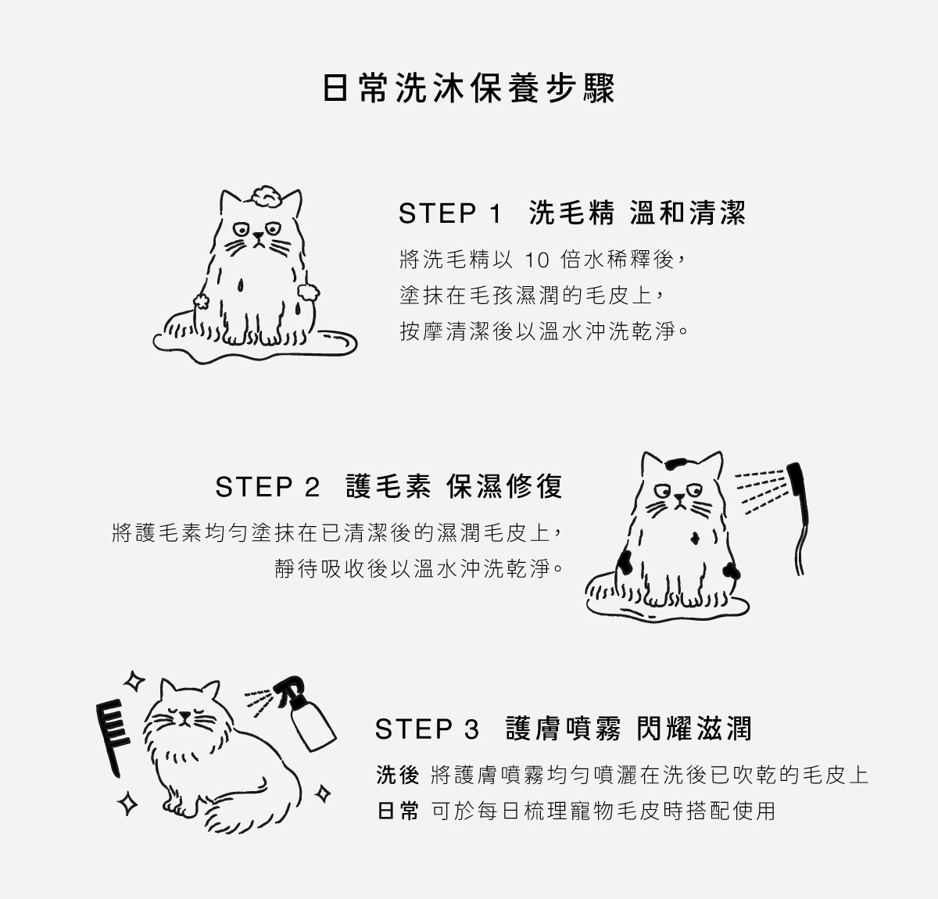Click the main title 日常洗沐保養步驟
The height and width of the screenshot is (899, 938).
(468, 88)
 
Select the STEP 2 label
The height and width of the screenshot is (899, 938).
(267, 487)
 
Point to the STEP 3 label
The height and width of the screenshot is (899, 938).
(427, 729)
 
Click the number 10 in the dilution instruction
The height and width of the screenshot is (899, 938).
(536, 260)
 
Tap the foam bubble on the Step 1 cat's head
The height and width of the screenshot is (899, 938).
(265, 196)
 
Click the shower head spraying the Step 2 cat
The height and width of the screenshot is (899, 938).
(799, 518)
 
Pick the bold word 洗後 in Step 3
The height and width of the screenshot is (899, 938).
(398, 775)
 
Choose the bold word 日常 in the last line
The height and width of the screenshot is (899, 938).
(398, 811)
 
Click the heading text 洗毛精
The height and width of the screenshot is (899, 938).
(571, 213)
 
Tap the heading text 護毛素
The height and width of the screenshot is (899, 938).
(388, 486)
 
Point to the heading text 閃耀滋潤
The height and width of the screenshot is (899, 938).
(694, 729)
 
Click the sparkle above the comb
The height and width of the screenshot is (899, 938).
(134, 681)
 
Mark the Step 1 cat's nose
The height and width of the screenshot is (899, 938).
(259, 236)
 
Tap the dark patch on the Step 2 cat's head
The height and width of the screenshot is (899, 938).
(676, 464)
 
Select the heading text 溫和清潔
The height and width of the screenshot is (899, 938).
(689, 213)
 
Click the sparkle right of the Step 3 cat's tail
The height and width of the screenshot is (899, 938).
(323, 794)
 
